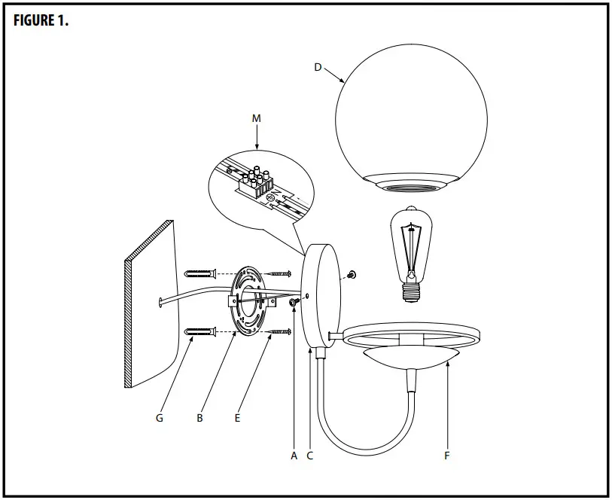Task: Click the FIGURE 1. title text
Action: pyautogui.click(x=41, y=20)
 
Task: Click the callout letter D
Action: pyautogui.click(x=318, y=67)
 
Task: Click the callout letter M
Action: pyautogui.click(x=257, y=119)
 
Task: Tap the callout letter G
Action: pyautogui.click(x=159, y=417)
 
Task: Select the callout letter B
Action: pyautogui.click(x=199, y=417)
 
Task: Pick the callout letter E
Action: pyautogui.click(x=237, y=417)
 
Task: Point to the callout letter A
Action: pyautogui.click(x=294, y=456)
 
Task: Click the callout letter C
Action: pyautogui.click(x=309, y=456)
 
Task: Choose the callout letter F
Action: pyautogui.click(x=446, y=456)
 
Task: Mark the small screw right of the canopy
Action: pyautogui.click(x=352, y=276)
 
